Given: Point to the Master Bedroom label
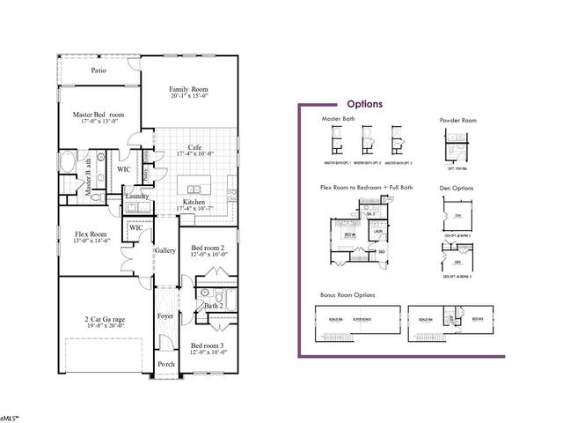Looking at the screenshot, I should (x=97, y=115).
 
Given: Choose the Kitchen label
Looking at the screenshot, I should (x=194, y=202).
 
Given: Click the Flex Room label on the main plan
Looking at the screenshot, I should (x=91, y=234).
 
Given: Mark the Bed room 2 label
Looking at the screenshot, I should (x=209, y=248).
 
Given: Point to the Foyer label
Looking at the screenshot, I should (x=165, y=315).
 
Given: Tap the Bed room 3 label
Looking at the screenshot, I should (x=208, y=345).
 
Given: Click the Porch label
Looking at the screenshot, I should (x=165, y=364).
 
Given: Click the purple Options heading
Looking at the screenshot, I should (x=364, y=104).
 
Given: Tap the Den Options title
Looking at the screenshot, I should (x=457, y=189).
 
